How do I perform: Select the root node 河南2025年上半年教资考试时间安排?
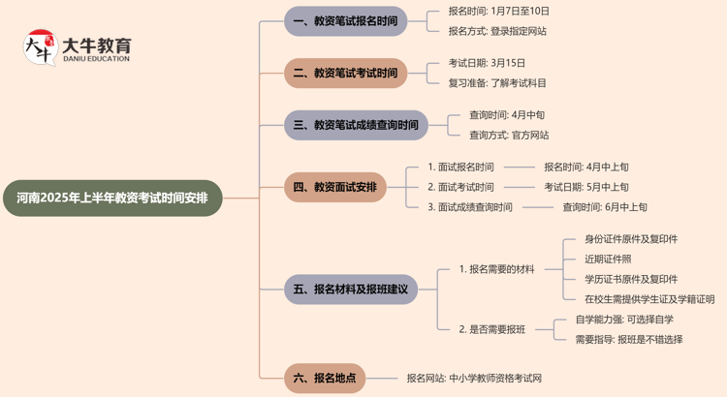pos(112,198)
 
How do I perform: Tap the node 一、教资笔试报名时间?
pos(346,20)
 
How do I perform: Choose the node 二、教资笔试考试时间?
pos(346,73)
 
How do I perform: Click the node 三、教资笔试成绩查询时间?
pos(356,125)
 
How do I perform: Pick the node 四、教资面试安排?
pos(335,187)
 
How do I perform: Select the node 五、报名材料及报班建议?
pos(350,289)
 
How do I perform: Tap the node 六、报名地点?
pos(325,378)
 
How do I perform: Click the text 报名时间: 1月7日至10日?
pos(498,11)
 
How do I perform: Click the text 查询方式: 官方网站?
pos(509,135)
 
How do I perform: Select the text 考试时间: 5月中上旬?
pos(585,187)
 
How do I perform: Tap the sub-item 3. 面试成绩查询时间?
pos(470,206)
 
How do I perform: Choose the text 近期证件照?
pos(608,259)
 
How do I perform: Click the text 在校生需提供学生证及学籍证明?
pos(649,299)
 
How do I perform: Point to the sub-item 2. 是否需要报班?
pos(492,329)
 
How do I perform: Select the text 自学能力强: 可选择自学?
pos(624,320)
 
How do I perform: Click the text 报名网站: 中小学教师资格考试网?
pos(474,378)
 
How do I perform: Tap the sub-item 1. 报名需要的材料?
pos(496,268)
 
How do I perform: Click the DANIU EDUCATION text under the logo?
pos(96,59)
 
